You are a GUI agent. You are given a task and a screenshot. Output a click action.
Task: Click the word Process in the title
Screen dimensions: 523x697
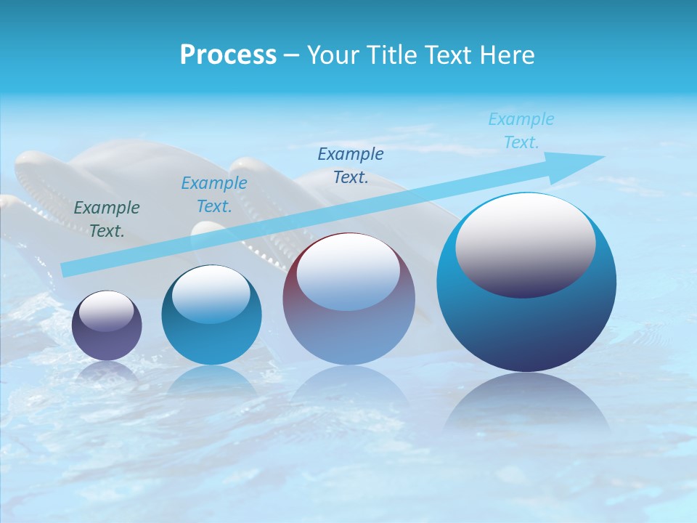pos(228,55)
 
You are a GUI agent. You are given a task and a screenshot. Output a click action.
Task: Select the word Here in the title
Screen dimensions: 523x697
pos(508,55)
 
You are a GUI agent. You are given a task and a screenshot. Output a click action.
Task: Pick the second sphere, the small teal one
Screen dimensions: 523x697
pos(211,334)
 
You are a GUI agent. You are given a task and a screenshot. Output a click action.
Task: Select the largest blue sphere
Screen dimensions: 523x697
pos(526,327)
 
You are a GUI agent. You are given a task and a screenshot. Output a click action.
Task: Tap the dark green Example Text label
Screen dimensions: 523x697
pos(107,219)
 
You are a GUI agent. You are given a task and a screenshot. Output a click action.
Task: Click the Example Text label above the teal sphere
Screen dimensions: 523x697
pos(214,195)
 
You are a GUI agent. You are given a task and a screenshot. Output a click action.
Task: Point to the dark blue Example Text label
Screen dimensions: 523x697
pos(351,165)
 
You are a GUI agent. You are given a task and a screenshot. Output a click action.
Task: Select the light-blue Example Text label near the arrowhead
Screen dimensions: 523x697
pos(521,131)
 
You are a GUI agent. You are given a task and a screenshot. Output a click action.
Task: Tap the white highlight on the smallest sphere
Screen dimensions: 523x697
pos(106,311)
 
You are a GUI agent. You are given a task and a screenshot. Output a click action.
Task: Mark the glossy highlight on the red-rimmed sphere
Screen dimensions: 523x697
pos(348,270)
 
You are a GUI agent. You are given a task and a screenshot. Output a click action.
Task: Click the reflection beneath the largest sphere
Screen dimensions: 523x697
pos(526,407)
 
